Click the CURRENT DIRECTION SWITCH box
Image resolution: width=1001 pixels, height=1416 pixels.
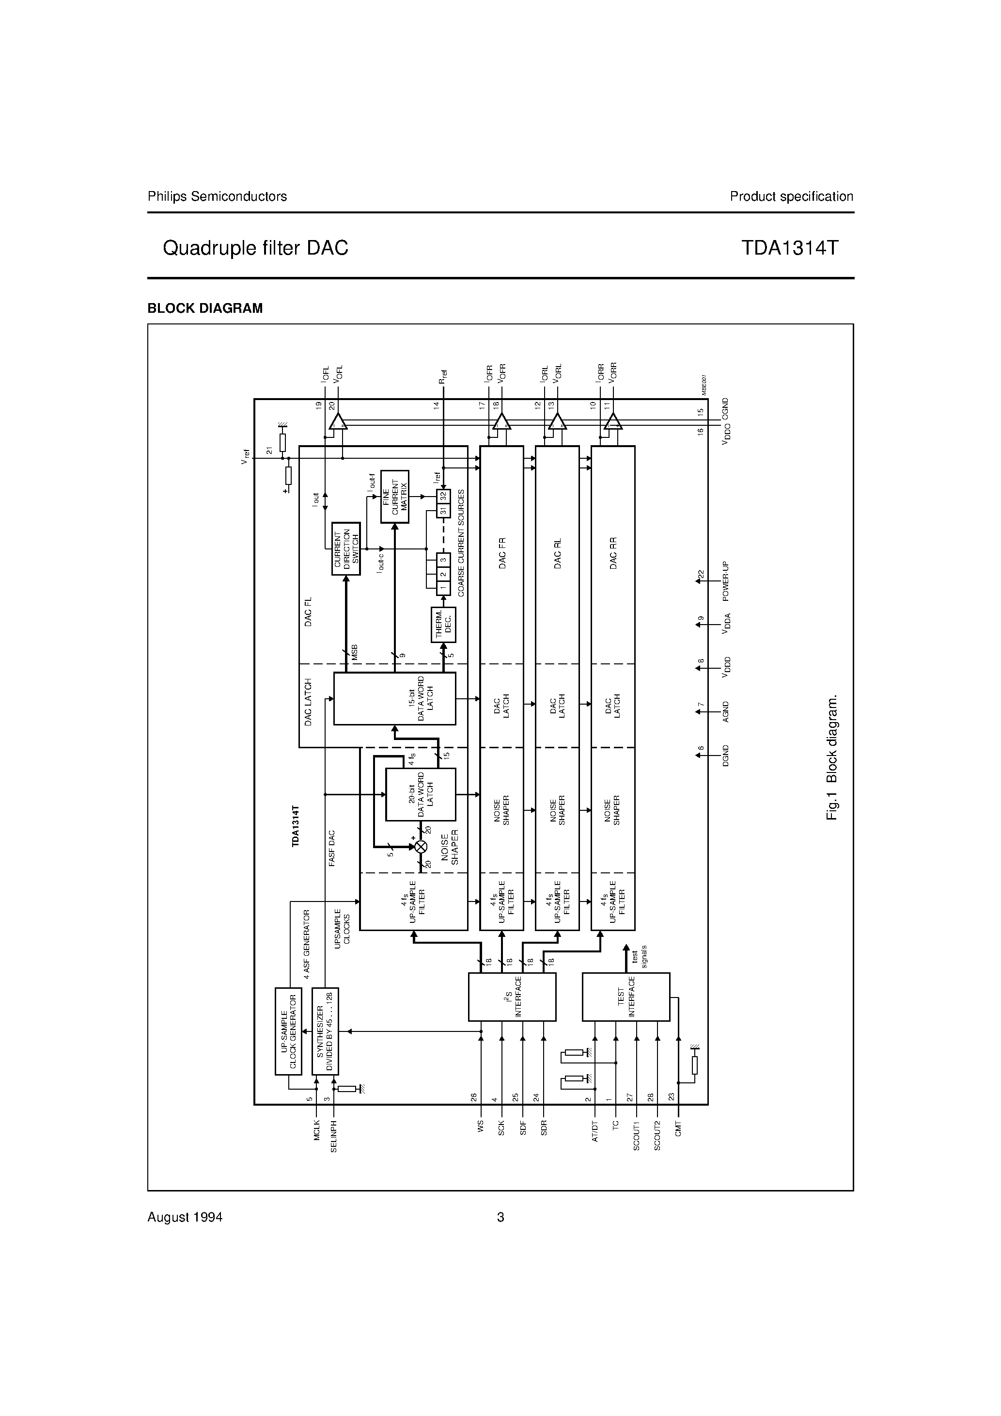tap(346, 548)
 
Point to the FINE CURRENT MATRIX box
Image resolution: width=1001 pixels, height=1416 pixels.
tap(394, 497)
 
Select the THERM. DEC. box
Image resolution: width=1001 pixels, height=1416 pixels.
tap(444, 625)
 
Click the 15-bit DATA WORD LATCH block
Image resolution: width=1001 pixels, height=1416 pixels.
tap(394, 698)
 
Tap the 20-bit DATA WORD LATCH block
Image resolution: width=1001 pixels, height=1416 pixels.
tap(421, 794)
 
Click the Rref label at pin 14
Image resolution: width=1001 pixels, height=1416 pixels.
tap(442, 376)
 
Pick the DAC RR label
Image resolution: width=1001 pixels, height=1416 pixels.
tap(613, 553)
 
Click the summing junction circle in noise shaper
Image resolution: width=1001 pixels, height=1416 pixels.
tap(421, 847)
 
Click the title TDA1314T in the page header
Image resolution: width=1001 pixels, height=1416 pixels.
tap(790, 248)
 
